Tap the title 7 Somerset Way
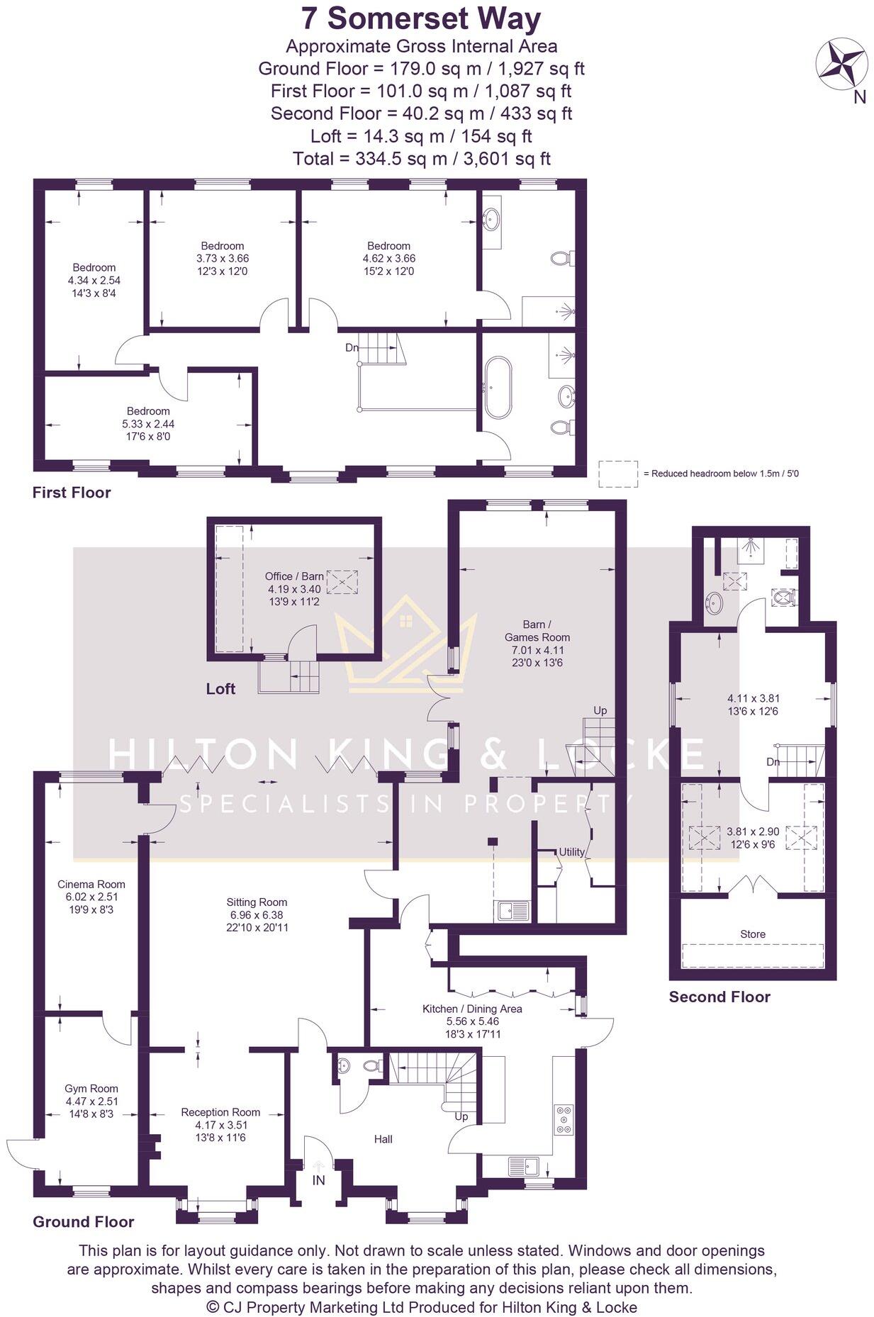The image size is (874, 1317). pyautogui.click(x=421, y=18)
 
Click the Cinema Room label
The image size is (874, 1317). pyautogui.click(x=91, y=884)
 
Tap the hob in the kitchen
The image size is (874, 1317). pyautogui.click(x=564, y=1119)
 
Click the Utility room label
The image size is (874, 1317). pyautogui.click(x=571, y=851)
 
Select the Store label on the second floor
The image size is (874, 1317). pyautogui.click(x=752, y=934)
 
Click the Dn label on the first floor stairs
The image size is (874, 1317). pyautogui.click(x=352, y=347)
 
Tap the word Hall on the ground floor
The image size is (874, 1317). pyautogui.click(x=383, y=1138)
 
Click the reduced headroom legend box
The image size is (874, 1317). pyautogui.click(x=617, y=473)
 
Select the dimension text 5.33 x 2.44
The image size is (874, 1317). pyautogui.click(x=148, y=423)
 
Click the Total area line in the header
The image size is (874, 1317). pyautogui.click(x=421, y=158)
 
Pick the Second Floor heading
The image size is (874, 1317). pyautogui.click(x=719, y=997)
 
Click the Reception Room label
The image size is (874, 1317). pyautogui.click(x=220, y=1111)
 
